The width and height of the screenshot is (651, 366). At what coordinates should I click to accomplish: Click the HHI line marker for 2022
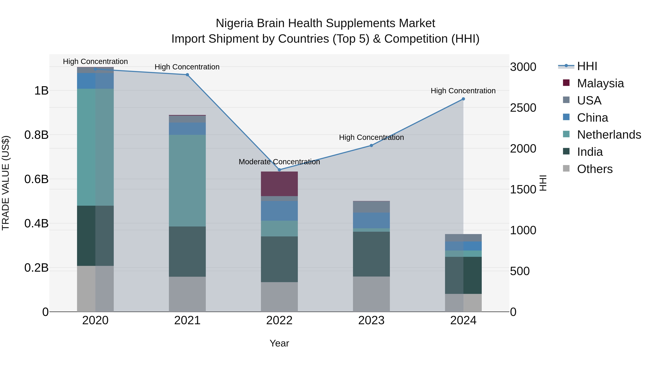pos(279,170)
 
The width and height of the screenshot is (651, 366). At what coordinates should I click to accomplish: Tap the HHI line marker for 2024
pos(463,99)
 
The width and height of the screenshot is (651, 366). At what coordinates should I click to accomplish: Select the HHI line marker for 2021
pos(187,75)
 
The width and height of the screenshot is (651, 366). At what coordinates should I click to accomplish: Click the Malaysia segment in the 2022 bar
pos(279,184)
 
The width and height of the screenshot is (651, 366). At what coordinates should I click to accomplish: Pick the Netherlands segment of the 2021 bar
pos(187,180)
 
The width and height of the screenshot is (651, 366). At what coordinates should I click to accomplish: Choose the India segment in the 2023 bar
pos(371,254)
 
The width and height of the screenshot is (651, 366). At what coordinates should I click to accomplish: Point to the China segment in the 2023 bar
pos(371,220)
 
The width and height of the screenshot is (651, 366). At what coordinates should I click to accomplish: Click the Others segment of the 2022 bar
pos(279,297)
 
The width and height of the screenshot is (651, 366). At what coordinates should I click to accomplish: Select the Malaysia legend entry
pos(600,83)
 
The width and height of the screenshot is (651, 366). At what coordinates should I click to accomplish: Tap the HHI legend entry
pos(587,66)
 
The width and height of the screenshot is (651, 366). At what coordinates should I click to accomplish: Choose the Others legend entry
pos(595,169)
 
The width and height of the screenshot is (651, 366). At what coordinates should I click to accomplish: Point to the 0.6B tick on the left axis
pos(36,179)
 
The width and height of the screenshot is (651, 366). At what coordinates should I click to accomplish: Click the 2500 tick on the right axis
pos(523,108)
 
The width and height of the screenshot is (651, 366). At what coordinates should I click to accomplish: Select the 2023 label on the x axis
pos(371,320)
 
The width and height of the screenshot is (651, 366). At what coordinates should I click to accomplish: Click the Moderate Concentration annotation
pos(279,162)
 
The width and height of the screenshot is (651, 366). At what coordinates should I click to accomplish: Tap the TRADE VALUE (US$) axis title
pos(6,183)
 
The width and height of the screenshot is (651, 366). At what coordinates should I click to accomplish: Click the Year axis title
pos(279,343)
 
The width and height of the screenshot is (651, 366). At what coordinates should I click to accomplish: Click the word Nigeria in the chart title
pos(235,23)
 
